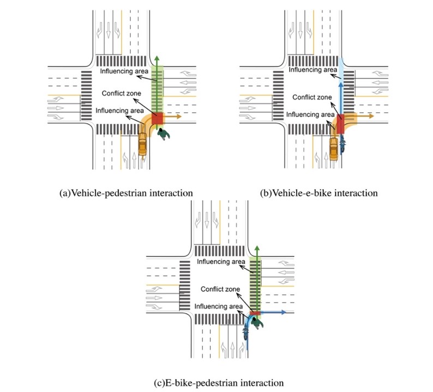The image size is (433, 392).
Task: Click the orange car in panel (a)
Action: click(142, 146)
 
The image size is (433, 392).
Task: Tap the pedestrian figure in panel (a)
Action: click(162, 134)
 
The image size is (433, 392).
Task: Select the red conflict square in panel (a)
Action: click(158, 119)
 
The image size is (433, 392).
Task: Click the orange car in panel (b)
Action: click(333, 148)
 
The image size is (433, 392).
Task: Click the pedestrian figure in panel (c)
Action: click(257, 323)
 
